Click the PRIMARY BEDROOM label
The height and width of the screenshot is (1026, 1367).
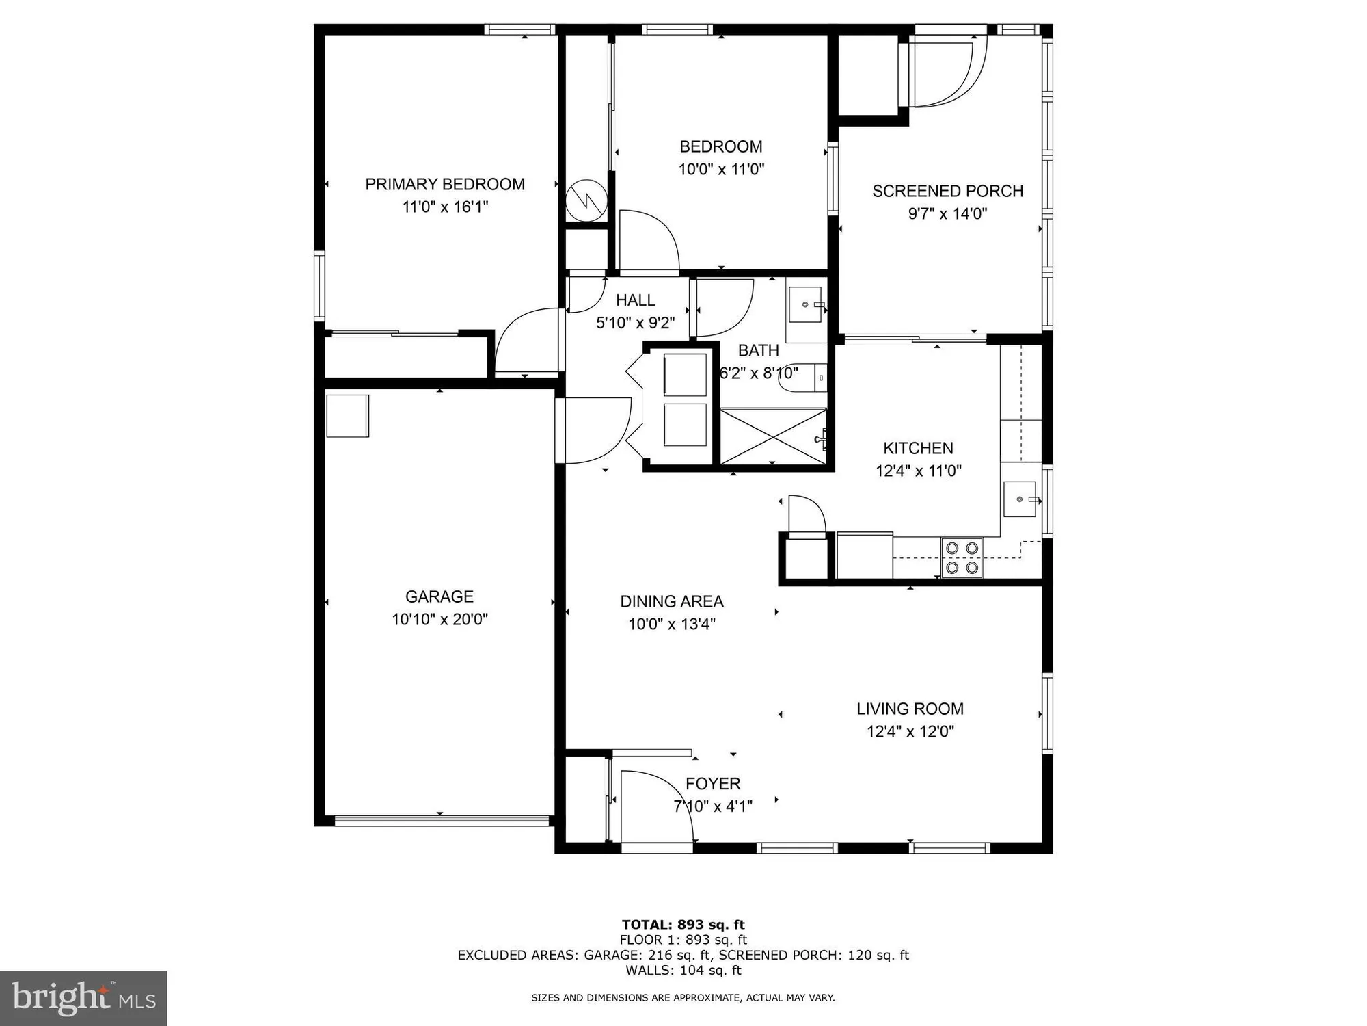click(445, 184)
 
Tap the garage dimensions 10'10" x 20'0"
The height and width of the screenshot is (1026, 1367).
click(439, 619)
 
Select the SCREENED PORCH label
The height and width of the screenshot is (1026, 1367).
click(947, 191)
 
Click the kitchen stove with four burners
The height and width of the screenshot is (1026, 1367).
click(962, 557)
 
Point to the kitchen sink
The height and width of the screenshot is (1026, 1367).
click(1020, 499)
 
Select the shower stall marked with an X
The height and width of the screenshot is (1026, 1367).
click(773, 436)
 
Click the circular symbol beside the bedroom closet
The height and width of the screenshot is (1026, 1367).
click(586, 200)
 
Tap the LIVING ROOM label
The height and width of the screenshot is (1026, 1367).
click(910, 709)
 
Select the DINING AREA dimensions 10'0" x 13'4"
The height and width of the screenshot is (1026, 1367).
click(671, 624)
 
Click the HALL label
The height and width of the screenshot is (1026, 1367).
click(635, 300)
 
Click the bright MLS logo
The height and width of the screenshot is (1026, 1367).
click(83, 999)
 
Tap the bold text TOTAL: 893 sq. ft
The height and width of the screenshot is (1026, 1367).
click(683, 925)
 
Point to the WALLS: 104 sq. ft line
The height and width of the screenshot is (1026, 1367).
click(683, 970)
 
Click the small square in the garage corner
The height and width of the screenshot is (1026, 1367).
click(347, 415)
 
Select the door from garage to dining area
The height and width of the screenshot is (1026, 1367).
click(593, 431)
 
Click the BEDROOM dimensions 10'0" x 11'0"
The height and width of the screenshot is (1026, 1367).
click(720, 169)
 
